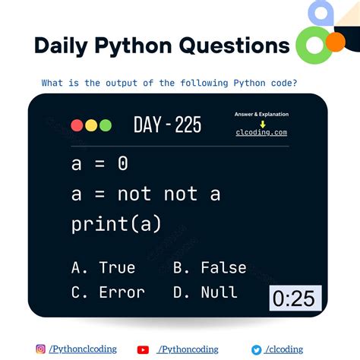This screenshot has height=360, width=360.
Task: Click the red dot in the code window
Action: coord(77,126)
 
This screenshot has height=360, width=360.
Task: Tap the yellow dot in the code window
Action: coord(91,126)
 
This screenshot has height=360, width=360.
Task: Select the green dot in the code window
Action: coord(105,126)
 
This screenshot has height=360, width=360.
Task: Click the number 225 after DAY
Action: coord(188,125)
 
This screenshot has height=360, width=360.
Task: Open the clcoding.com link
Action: coord(261,132)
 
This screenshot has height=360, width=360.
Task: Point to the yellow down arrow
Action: coord(262,123)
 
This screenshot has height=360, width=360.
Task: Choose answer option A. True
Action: coord(103,267)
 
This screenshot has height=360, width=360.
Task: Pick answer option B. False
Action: coord(210,267)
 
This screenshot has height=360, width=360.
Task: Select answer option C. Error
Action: coord(107,292)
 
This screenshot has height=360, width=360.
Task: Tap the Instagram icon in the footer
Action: coord(40,349)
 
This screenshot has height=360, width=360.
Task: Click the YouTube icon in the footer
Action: coord(143,349)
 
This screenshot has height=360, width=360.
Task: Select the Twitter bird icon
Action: coord(257,349)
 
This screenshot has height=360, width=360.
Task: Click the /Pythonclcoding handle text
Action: coord(83,349)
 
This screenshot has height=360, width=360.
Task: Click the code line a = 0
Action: coord(99,163)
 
